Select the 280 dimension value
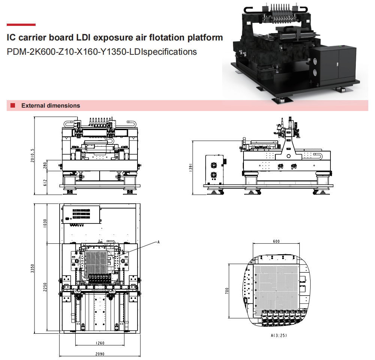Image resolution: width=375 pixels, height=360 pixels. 45,165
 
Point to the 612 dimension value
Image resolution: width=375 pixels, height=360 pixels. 45,183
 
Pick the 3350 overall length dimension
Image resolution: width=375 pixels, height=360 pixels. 32,268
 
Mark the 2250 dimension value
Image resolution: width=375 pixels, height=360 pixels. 45,287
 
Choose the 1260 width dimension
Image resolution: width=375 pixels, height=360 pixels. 100,343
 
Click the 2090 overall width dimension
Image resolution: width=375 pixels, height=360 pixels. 100,354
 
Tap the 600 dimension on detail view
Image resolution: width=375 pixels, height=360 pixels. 276,241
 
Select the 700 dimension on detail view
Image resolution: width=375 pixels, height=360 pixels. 227,291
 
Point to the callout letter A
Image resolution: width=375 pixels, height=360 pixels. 158,242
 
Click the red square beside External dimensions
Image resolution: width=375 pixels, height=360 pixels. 13,106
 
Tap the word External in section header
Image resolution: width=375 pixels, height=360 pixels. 33,106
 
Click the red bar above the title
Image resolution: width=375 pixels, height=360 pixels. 21,25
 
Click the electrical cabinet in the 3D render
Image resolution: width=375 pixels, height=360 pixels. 335,64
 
